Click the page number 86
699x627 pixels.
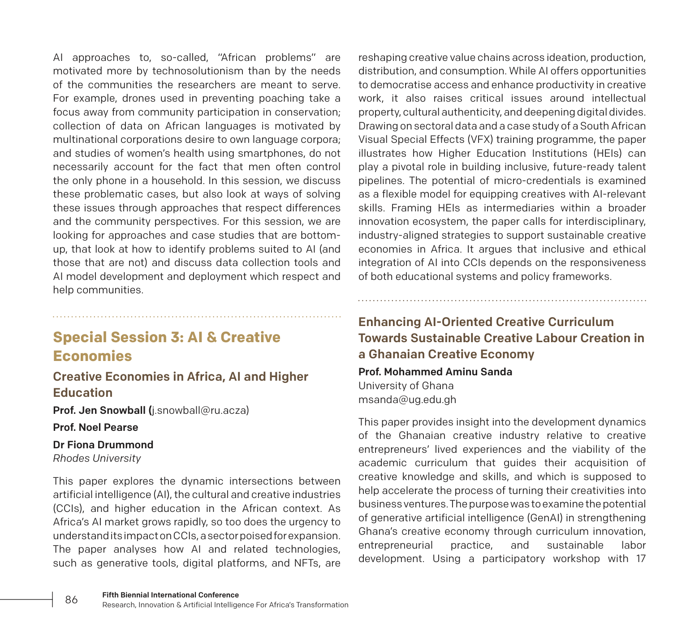tap(71, 600)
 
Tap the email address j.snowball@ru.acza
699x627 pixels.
tap(201, 410)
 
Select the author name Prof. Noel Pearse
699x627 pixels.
tap(95, 427)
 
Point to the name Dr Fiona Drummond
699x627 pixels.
tap(103, 445)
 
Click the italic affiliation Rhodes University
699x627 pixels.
tap(97, 458)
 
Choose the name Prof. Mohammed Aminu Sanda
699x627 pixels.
tap(435, 372)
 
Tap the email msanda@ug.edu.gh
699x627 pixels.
tap(407, 399)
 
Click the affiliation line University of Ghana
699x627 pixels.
tap(406, 386)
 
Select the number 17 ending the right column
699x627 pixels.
tap(640, 559)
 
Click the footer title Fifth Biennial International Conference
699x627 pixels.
tap(170, 595)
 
